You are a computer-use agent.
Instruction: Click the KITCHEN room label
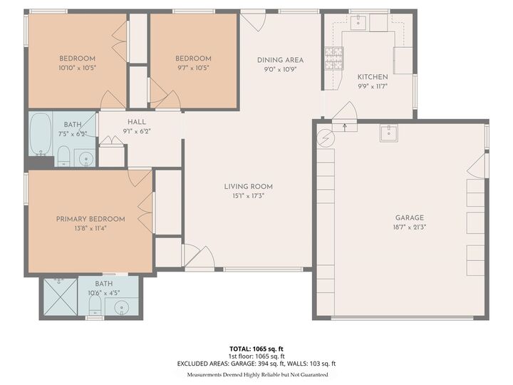[x=373, y=77]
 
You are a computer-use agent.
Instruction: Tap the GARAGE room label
[x=410, y=218]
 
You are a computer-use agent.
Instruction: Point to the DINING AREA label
[x=281, y=60]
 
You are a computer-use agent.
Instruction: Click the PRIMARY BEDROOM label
[x=90, y=219]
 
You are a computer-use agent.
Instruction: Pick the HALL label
[x=136, y=122]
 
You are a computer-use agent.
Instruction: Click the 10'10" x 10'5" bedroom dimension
[x=77, y=68]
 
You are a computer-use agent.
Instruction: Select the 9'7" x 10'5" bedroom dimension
[x=193, y=68]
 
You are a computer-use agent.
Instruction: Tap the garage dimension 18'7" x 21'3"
[x=410, y=227]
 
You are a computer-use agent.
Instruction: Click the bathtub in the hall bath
[x=41, y=134]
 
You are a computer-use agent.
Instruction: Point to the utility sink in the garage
[x=389, y=133]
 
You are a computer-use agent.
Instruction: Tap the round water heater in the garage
[x=324, y=135]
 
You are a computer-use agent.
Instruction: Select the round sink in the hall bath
[x=85, y=157]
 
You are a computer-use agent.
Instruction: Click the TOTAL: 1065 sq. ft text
[x=256, y=349]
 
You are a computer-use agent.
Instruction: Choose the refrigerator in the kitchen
[x=404, y=60]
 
